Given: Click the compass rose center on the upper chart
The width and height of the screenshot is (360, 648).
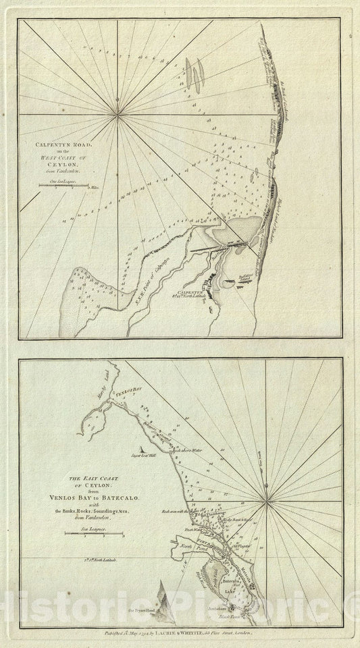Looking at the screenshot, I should (118, 115).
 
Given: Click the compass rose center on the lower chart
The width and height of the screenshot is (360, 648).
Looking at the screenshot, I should (268, 500).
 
